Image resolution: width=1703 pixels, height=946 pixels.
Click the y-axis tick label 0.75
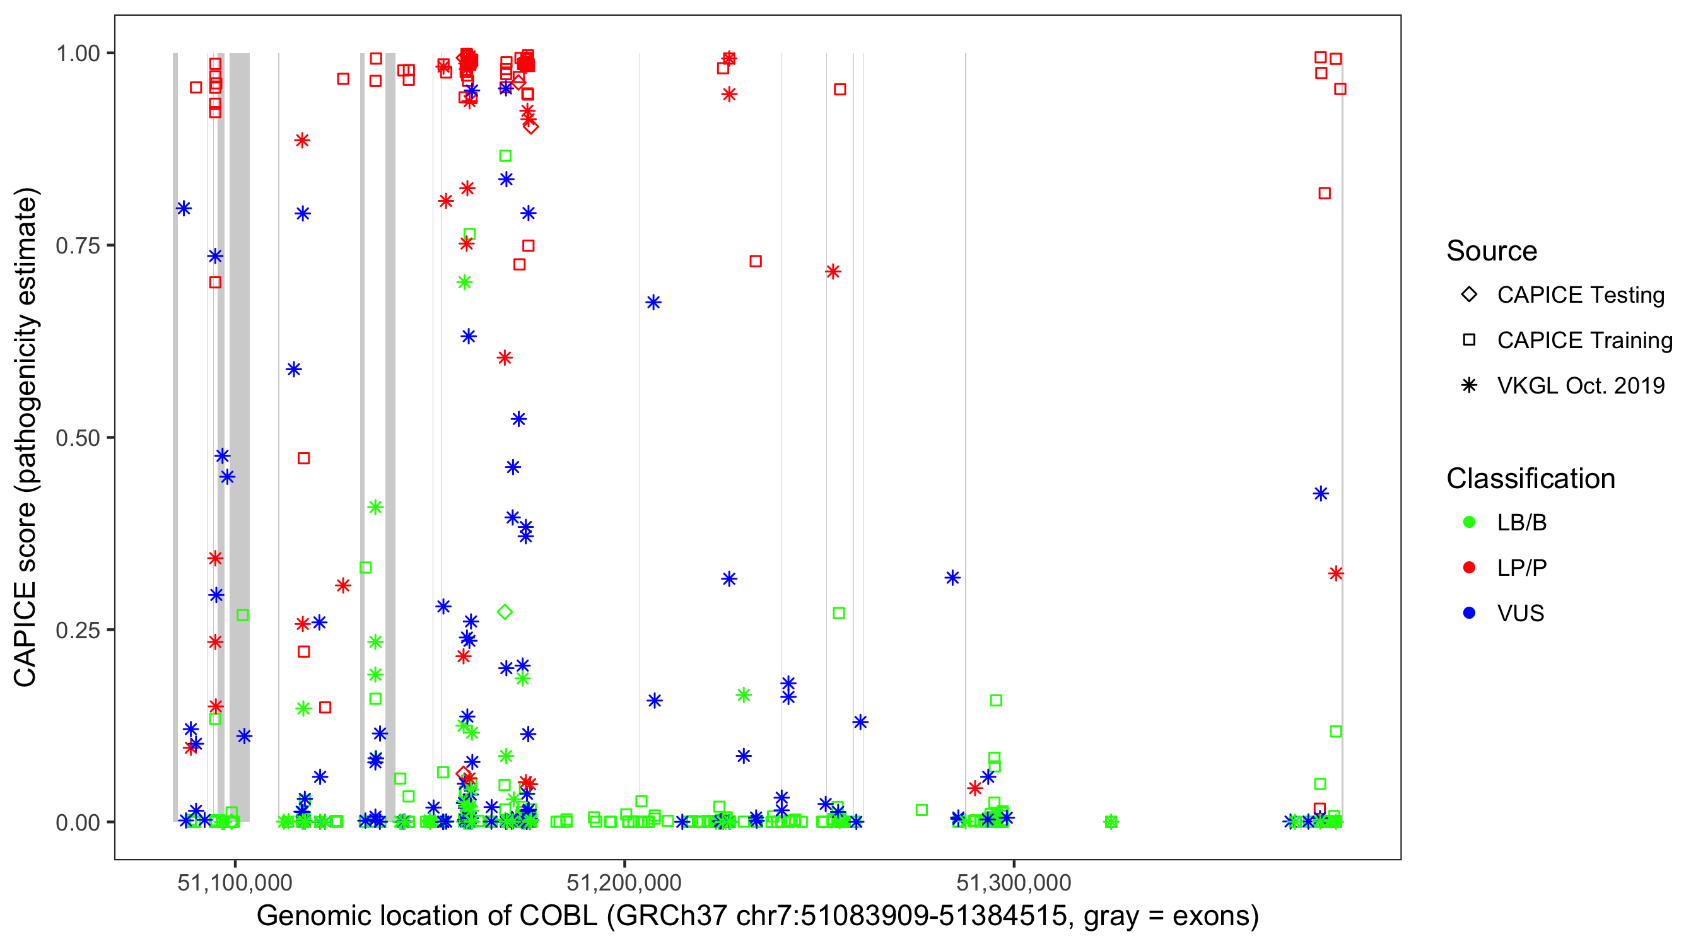point(78,246)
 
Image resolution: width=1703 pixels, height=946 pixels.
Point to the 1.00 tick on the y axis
point(78,54)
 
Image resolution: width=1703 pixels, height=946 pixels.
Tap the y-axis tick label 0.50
point(78,438)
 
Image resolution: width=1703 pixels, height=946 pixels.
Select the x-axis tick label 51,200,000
point(624,882)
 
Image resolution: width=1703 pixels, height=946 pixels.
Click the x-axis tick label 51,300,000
point(1014,882)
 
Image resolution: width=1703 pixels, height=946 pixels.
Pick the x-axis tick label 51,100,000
point(235,882)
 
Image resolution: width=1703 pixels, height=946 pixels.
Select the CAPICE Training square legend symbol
point(1469,341)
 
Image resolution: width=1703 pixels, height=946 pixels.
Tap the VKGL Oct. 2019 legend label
point(1581,385)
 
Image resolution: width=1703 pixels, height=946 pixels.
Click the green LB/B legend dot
point(1469,522)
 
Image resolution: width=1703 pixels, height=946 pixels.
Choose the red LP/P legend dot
point(1469,568)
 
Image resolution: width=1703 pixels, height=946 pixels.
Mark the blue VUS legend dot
point(1469,614)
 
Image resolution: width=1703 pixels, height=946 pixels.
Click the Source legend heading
point(1492,251)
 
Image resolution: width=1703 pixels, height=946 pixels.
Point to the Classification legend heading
point(1530,479)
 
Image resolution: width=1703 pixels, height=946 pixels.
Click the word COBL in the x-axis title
point(559,916)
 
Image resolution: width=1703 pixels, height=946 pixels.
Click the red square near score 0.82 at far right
point(1324,194)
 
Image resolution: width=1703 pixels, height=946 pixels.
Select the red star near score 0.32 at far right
point(1336,573)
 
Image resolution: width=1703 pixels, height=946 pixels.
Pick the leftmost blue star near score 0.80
point(184,209)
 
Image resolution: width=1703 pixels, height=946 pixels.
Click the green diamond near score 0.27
point(505,612)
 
